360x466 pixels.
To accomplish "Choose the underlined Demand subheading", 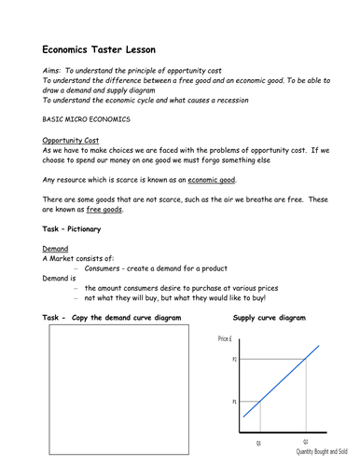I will click(x=56, y=250).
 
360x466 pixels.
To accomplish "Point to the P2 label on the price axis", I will click(x=234, y=359).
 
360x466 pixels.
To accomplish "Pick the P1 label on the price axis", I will click(x=234, y=403).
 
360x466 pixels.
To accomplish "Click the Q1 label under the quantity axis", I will click(x=259, y=443).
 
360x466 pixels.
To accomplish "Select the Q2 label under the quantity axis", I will click(x=305, y=443).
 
